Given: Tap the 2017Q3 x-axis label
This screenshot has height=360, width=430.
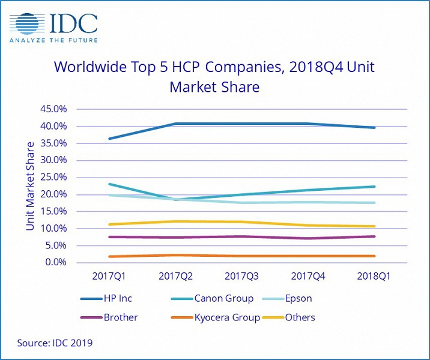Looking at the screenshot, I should [241, 277].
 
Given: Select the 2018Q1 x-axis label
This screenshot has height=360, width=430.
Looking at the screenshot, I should [375, 277].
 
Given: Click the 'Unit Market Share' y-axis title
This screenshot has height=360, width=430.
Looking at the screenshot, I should [30, 186].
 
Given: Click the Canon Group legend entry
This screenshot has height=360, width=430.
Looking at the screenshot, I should [223, 298].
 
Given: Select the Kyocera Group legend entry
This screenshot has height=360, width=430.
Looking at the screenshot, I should [226, 317].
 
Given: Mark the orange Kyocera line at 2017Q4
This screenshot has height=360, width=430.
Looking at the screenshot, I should [308, 256].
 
